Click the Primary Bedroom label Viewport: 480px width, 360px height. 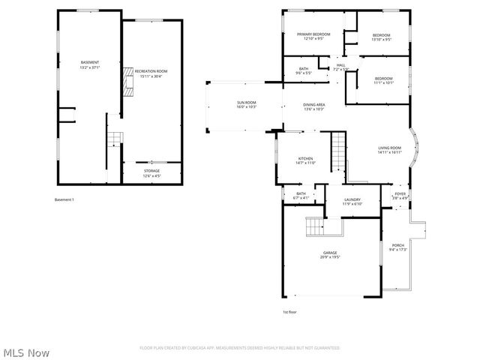[313, 36]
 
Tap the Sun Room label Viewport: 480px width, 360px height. [247, 104]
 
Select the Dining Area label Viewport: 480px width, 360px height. [313, 106]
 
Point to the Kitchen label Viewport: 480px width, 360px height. [306, 160]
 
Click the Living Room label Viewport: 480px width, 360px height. [389, 150]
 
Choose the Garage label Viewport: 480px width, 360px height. [330, 255]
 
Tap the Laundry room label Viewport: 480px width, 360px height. [352, 202]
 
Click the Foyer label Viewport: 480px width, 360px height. [400, 196]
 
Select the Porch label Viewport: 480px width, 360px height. [397, 247]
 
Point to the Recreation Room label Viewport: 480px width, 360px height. [151, 73]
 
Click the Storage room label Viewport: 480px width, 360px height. [151, 172]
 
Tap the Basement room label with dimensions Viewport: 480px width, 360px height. [90, 64]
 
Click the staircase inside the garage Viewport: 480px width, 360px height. [314, 227]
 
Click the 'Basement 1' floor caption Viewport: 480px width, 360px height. [65, 199]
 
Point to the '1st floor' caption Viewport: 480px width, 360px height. [290, 310]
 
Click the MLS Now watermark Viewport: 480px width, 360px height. [27, 352]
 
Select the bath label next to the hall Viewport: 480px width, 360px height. [304, 71]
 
